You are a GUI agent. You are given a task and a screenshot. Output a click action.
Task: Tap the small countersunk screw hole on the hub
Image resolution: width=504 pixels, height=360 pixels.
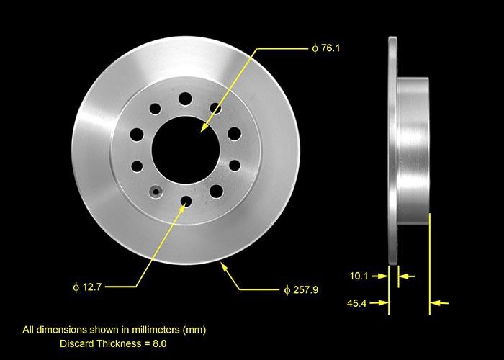[x=154, y=192]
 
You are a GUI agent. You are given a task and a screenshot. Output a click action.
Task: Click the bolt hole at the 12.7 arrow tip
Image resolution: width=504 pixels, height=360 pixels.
[x=186, y=201]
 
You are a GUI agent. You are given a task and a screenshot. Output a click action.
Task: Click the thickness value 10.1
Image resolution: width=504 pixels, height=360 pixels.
[x=358, y=276]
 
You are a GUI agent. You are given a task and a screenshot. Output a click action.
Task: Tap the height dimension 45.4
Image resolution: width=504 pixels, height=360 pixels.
[x=358, y=304]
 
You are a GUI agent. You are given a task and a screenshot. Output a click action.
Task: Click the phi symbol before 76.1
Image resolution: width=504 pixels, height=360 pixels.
[x=315, y=48]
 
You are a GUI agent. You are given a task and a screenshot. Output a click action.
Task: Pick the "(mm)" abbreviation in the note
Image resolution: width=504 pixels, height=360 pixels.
[x=194, y=330]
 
